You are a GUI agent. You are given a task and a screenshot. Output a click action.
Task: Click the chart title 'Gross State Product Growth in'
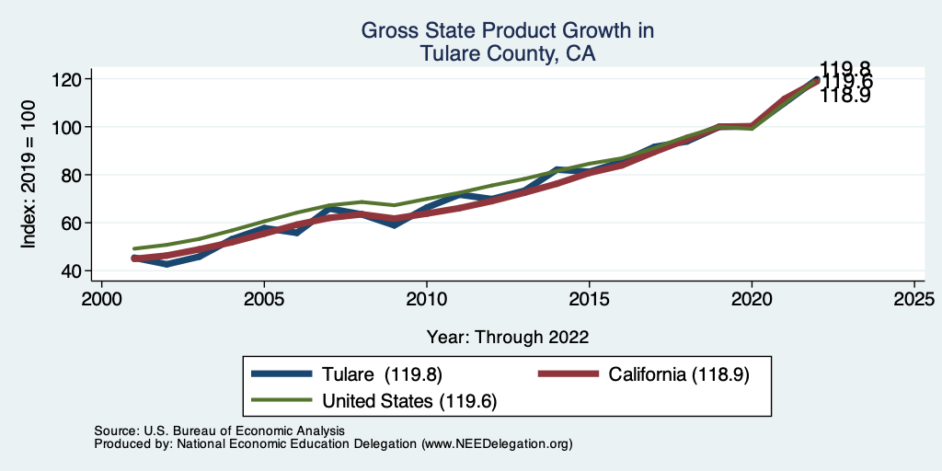(507, 30)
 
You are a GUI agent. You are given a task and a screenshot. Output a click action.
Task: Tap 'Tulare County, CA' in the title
(507, 54)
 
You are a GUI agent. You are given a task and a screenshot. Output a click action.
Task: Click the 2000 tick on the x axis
(102, 299)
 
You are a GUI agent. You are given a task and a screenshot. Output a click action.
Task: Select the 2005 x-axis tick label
(264, 299)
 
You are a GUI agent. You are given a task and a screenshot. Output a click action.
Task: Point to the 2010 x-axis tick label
(427, 299)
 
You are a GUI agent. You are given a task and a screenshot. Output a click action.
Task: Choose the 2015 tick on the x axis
(589, 299)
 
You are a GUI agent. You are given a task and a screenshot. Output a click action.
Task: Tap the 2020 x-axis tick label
(752, 299)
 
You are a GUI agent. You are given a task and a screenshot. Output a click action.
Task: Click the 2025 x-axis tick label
(913, 299)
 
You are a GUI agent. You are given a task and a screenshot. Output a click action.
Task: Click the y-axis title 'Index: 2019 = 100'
(29, 175)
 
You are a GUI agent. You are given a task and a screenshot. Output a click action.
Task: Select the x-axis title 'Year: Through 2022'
(507, 336)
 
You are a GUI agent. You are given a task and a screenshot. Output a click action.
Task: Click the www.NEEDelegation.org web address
(498, 443)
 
